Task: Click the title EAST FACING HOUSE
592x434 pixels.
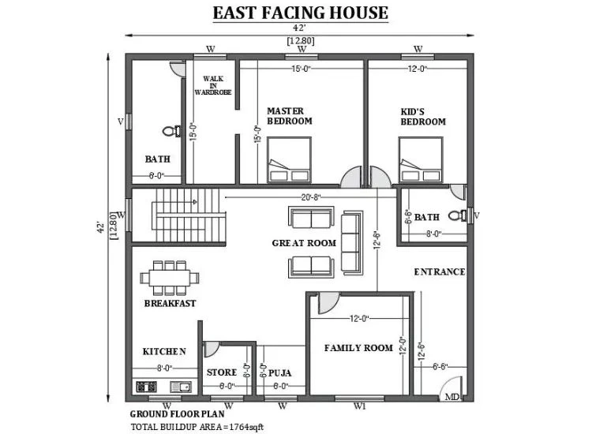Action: (301, 13)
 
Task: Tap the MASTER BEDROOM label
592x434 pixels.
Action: (289, 116)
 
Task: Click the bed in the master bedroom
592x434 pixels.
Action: (289, 161)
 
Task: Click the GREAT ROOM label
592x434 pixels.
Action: (304, 243)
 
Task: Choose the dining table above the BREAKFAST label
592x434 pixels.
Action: (168, 277)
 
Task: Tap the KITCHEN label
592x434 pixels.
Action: (164, 351)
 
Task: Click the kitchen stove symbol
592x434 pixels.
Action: (147, 387)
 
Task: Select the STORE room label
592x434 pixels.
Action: (222, 372)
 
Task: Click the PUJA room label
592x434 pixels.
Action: (280, 372)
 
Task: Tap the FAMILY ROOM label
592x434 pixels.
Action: (358, 347)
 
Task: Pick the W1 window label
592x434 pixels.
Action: (361, 406)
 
